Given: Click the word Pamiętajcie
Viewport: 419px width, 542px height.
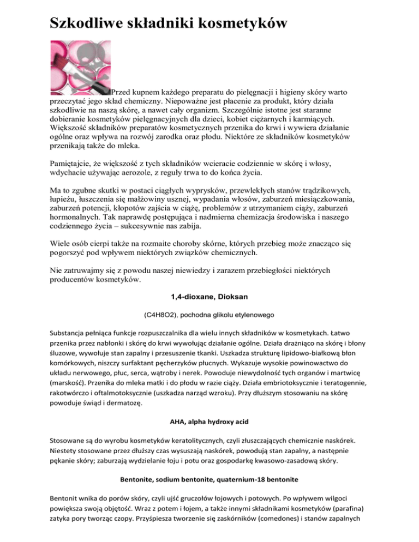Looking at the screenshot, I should click(76, 164).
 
